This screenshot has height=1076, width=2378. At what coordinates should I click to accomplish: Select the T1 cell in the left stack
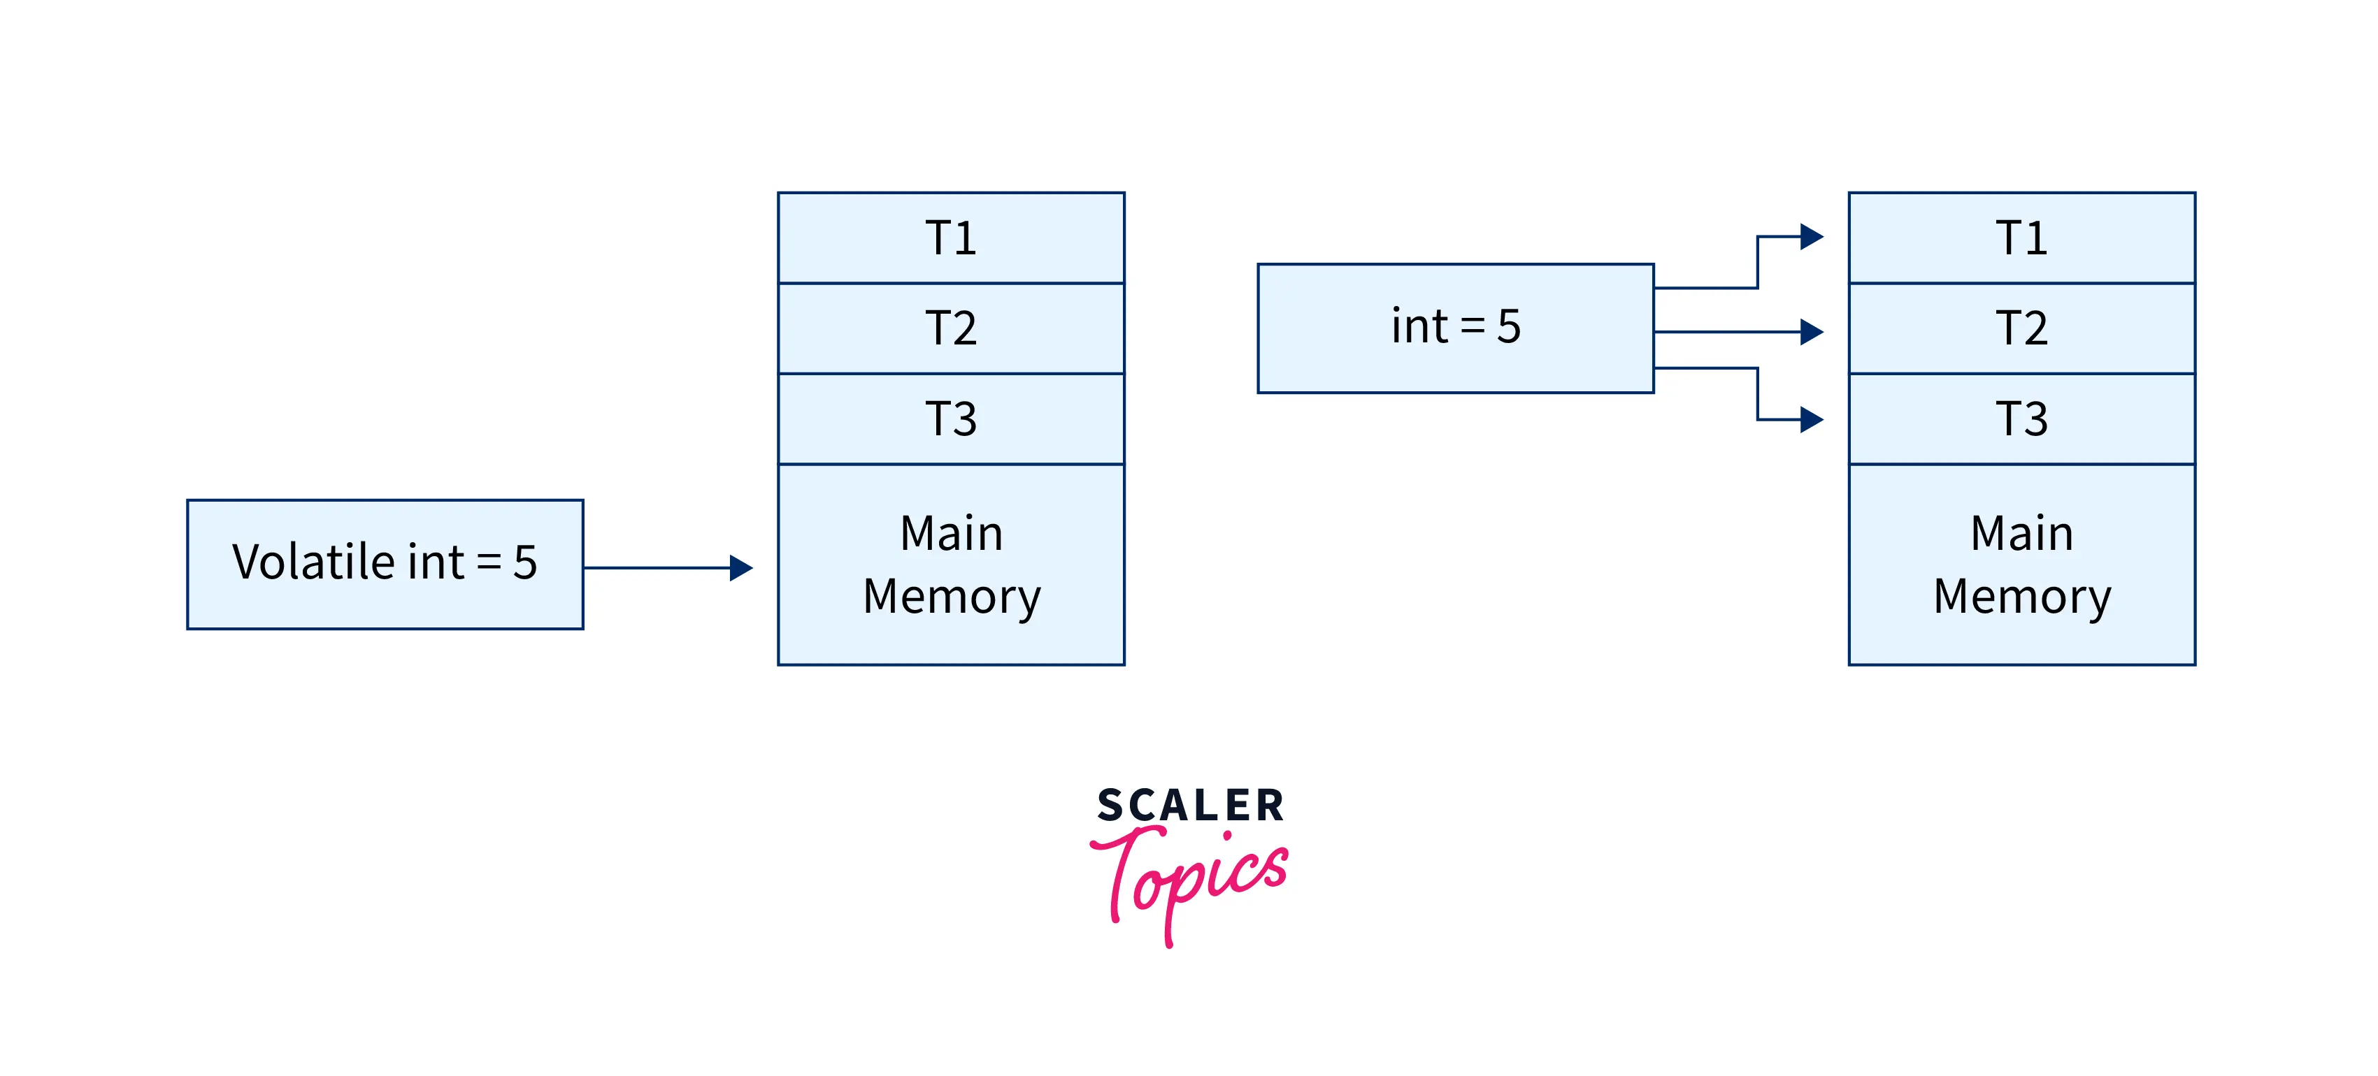coord(951,238)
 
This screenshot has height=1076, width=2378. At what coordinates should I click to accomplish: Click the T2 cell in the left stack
coord(951,328)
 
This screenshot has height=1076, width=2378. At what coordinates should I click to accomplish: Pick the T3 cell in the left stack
coord(951,419)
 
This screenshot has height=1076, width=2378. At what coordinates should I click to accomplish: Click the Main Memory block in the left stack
coord(951,565)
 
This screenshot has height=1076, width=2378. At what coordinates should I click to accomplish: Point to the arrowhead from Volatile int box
coord(741,567)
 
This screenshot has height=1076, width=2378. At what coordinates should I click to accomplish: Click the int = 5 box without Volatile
coord(1455,328)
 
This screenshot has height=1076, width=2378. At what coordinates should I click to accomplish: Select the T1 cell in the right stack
coord(2021,238)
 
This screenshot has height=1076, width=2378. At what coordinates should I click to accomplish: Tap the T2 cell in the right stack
coord(2021,328)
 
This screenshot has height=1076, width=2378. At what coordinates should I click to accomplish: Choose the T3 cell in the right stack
coord(2021,419)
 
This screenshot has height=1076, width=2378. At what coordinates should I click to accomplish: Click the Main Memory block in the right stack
coord(2021,565)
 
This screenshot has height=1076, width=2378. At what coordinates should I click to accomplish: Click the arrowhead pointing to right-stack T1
coord(1811,236)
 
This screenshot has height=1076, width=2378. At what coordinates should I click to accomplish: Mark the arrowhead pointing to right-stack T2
coord(1811,331)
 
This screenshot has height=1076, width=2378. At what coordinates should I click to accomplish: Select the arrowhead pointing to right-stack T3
coord(1811,420)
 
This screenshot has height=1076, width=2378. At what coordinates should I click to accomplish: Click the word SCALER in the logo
coord(1190,806)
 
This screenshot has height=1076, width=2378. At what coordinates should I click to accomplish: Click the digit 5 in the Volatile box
coord(525,562)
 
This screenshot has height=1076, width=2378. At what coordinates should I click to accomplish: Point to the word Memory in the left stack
coord(952,596)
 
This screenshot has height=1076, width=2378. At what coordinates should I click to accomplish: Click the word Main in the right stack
coord(2021,533)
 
